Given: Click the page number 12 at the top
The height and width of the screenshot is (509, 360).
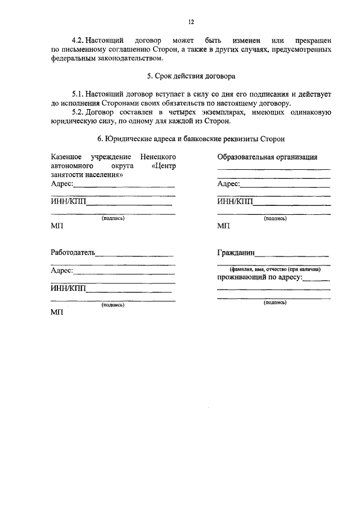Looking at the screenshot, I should click(x=191, y=22).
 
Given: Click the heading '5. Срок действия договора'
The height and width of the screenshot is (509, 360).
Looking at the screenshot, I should click(x=191, y=75).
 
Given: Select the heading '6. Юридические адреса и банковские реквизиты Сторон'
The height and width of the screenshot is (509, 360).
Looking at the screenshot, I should click(x=191, y=138).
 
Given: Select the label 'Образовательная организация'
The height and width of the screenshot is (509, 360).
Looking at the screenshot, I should click(x=267, y=156).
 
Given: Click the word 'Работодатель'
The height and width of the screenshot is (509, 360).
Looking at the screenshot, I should click(x=73, y=252).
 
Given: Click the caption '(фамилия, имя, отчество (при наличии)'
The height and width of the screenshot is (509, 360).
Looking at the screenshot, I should click(x=274, y=269).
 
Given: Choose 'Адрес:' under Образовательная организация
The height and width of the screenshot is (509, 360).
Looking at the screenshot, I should click(x=229, y=183).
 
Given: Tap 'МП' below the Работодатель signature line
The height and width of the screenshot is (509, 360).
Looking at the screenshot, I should click(x=57, y=313).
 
